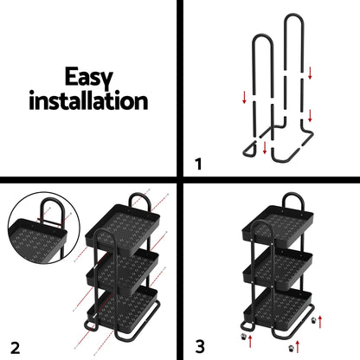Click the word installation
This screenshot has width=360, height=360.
(x=89, y=100)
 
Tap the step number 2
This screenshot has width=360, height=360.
(x=14, y=346)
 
